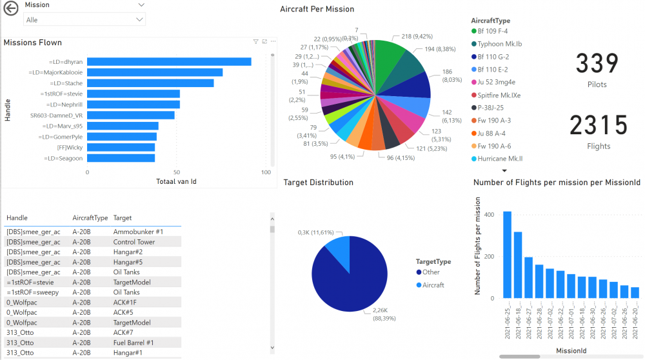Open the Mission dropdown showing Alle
[x=84, y=20]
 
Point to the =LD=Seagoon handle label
[x=63, y=158]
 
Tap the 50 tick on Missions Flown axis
[x=177, y=173]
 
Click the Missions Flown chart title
[x=33, y=43]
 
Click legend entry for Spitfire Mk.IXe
[x=499, y=95]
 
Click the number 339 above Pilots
[x=597, y=64]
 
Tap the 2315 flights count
[x=599, y=126]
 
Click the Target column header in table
[x=123, y=218]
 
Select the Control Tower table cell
[x=134, y=242]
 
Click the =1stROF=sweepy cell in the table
[x=32, y=292]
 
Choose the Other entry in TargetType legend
[x=431, y=272]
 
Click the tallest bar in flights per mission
[x=507, y=255]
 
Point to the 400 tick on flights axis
[x=489, y=215]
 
